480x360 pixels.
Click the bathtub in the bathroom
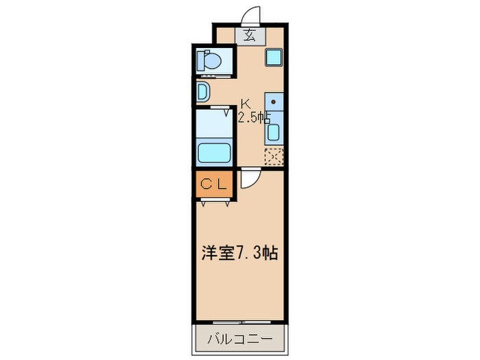coord(214,151)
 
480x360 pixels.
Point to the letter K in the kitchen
coord(245,104)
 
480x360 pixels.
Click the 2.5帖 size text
coord(253,117)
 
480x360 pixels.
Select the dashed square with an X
coord(274,156)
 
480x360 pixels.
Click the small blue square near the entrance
coord(273,56)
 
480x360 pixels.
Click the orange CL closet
coord(214,184)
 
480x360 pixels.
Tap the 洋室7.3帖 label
coord(239,252)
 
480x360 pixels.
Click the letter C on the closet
coord(207,184)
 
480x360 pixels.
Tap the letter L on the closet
coord(222,184)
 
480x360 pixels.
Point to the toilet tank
coord(200,61)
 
